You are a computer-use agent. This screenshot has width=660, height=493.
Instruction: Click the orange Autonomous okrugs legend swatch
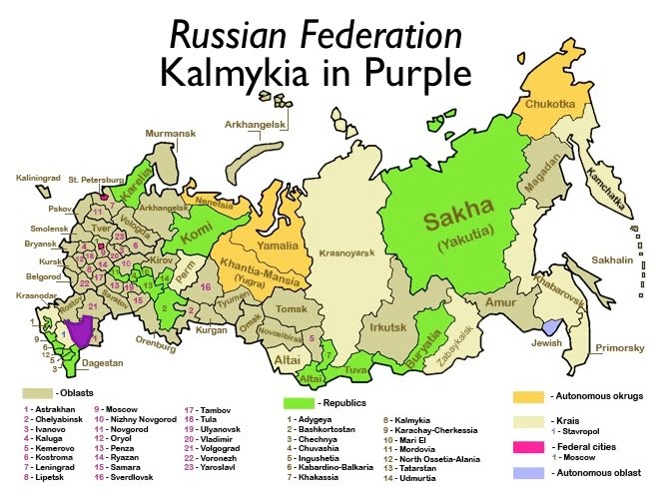click(530, 396)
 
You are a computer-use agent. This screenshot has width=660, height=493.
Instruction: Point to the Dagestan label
click(101, 362)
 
